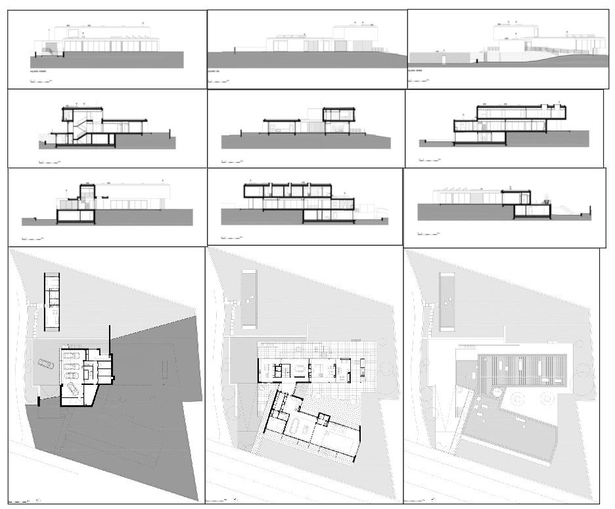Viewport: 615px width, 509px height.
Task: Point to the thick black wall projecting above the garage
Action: [x=110, y=335]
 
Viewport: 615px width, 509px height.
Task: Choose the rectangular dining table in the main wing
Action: [x=321, y=368]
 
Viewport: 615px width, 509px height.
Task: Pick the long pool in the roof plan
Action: [x=447, y=299]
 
